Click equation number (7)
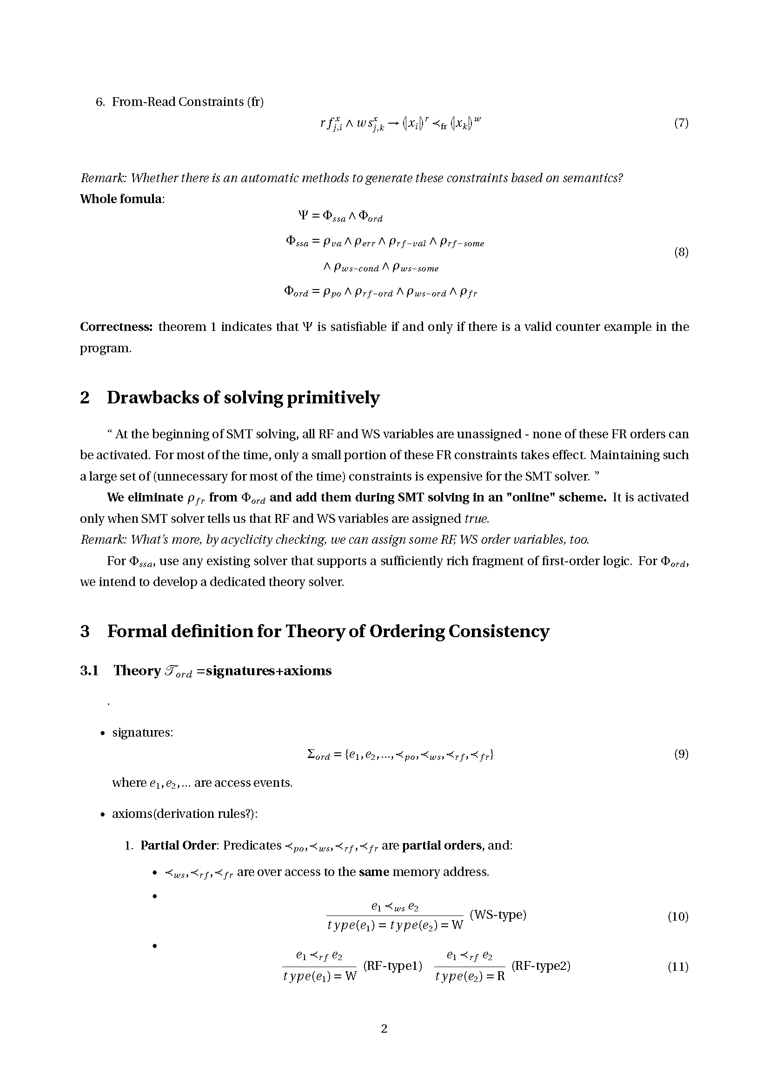(681, 124)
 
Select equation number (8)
(681, 252)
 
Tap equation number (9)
(681, 754)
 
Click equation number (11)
(677, 967)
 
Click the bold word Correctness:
(117, 327)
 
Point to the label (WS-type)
(497, 914)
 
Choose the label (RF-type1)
(392, 965)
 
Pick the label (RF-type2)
(541, 965)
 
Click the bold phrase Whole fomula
(121, 199)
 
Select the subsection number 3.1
(89, 671)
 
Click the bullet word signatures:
(143, 732)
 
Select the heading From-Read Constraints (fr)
(187, 102)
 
